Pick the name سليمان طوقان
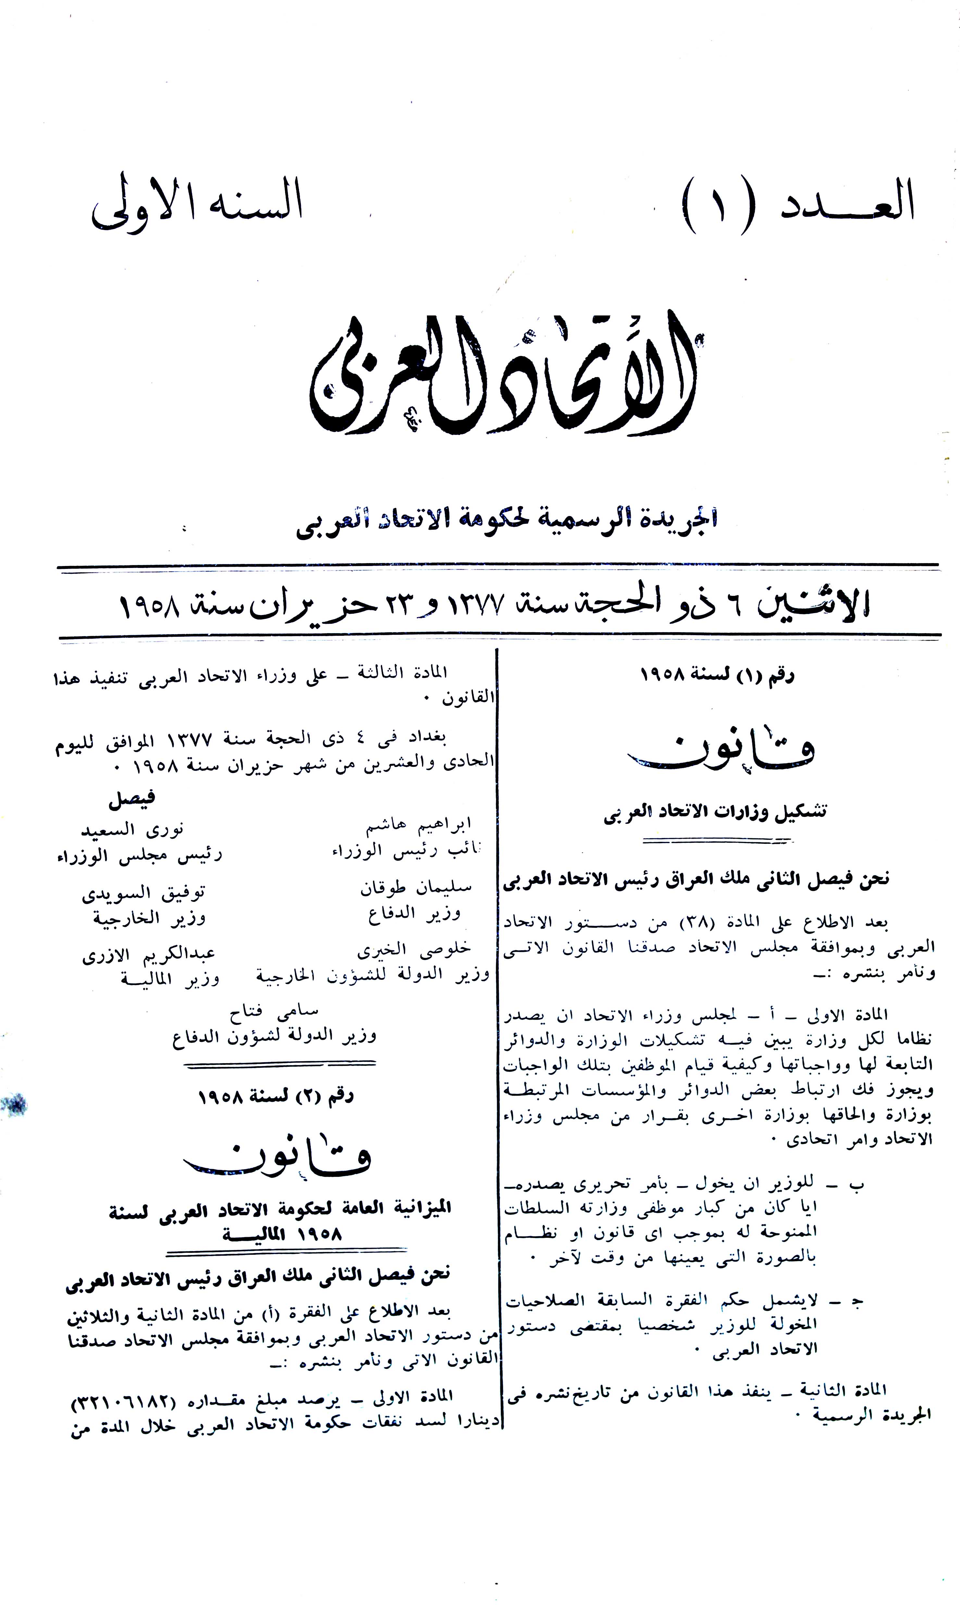click(415, 888)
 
